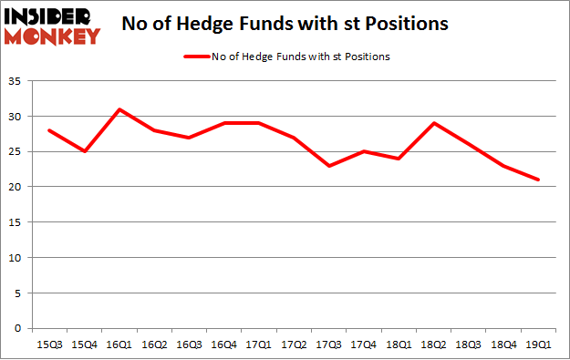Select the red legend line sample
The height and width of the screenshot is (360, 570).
(x=199, y=57)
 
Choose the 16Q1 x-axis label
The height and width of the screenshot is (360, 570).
(x=120, y=345)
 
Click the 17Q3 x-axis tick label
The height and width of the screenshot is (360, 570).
(x=329, y=345)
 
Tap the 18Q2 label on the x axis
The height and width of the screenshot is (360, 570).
(x=433, y=345)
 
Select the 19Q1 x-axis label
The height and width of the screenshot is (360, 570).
(x=538, y=345)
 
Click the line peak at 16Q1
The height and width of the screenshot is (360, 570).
(x=120, y=109)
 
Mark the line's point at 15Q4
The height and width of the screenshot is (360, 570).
(x=86, y=151)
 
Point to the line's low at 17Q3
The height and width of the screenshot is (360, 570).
(x=329, y=166)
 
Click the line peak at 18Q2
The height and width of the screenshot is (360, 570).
(x=433, y=123)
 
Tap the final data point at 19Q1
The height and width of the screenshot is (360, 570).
(x=538, y=180)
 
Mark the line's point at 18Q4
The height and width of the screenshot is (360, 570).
(x=503, y=166)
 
